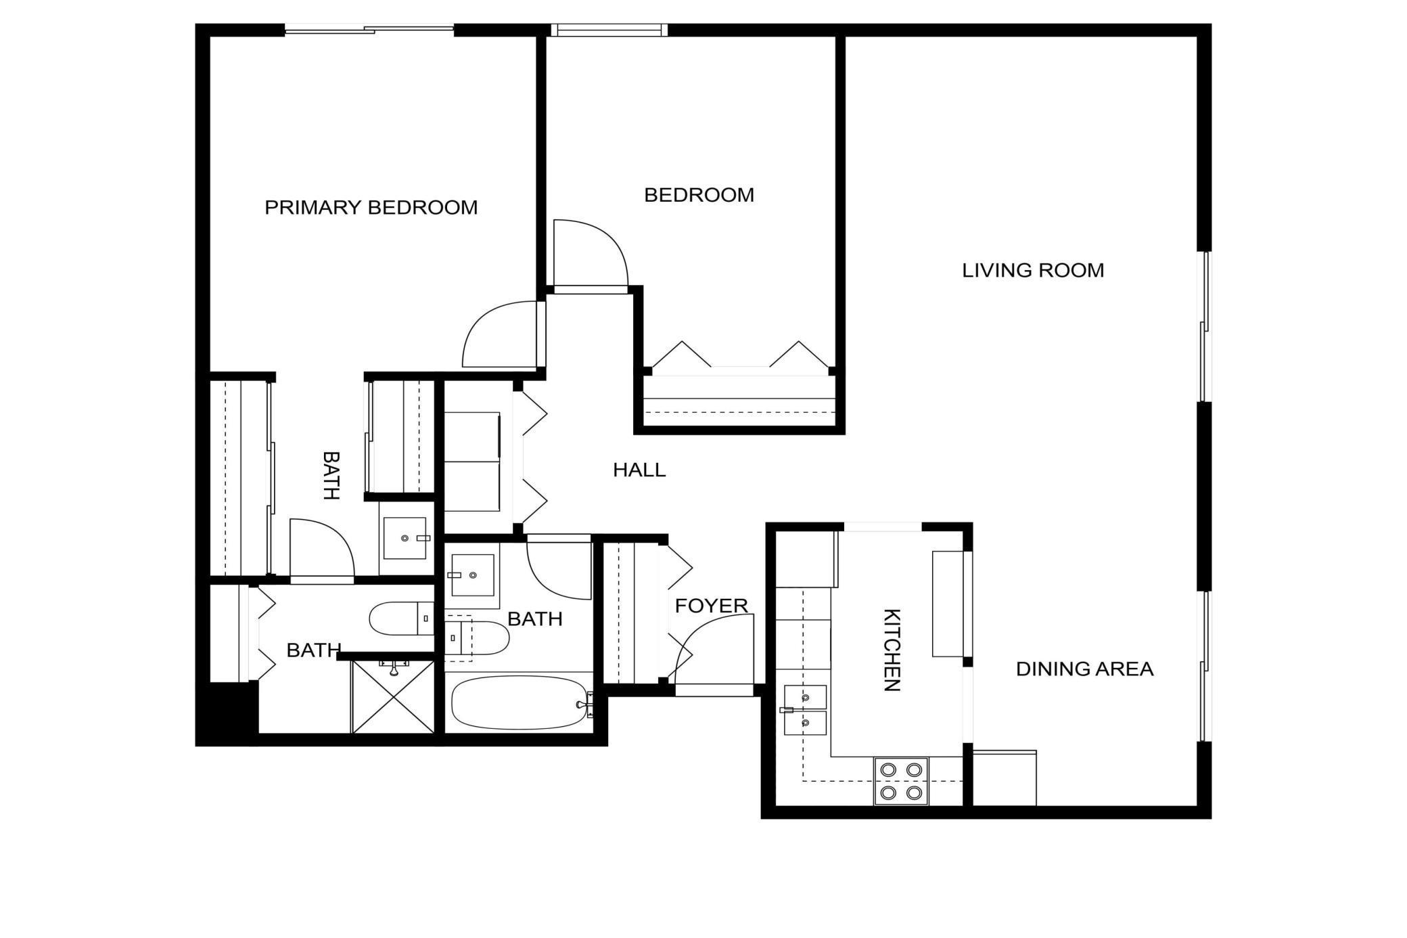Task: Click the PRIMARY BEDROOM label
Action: pyautogui.click(x=371, y=207)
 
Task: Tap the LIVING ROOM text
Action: pyautogui.click(x=1032, y=271)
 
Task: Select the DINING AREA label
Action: pyautogui.click(x=1084, y=669)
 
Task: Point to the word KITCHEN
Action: pyautogui.click(x=892, y=650)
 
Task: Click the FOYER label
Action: pyautogui.click(x=711, y=606)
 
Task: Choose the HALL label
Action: pyautogui.click(x=639, y=470)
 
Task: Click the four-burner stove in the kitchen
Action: pyautogui.click(x=901, y=780)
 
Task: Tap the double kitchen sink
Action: pyautogui.click(x=805, y=710)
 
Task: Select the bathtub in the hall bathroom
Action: pyautogui.click(x=519, y=703)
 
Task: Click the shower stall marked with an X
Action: pyautogui.click(x=393, y=697)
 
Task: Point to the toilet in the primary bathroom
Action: pyautogui.click(x=399, y=618)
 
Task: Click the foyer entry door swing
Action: pyautogui.click(x=717, y=650)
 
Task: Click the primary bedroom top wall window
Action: pyautogui.click(x=369, y=29)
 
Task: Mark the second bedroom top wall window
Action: pyautogui.click(x=609, y=30)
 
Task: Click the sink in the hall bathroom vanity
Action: pyautogui.click(x=472, y=575)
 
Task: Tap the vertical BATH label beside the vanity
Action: pyautogui.click(x=330, y=475)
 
